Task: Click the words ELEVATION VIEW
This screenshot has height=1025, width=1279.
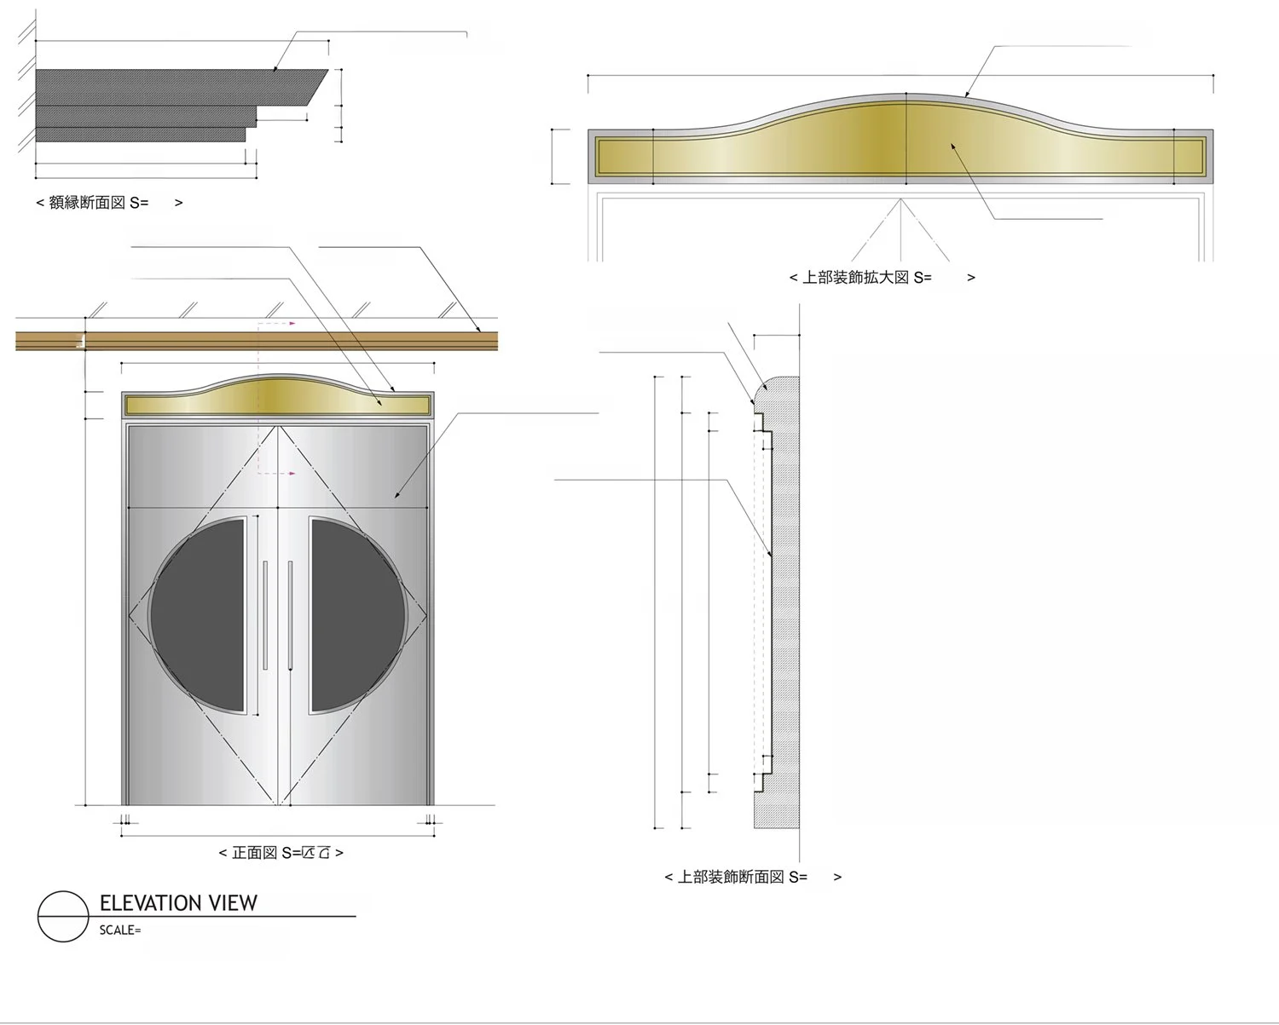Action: tap(177, 903)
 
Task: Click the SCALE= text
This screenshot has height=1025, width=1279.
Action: tap(119, 930)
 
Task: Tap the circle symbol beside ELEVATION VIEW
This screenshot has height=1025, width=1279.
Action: tap(63, 917)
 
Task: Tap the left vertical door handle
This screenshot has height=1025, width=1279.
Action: tap(265, 613)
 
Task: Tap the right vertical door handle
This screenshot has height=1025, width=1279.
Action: tap(290, 613)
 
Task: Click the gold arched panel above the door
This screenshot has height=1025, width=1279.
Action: tap(278, 398)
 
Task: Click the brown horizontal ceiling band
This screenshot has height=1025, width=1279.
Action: tap(256, 341)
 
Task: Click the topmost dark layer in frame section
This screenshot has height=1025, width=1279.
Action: tap(171, 87)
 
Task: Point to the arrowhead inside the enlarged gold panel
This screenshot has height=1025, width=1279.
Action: tap(953, 147)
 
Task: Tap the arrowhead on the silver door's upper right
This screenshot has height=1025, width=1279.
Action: tap(396, 495)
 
